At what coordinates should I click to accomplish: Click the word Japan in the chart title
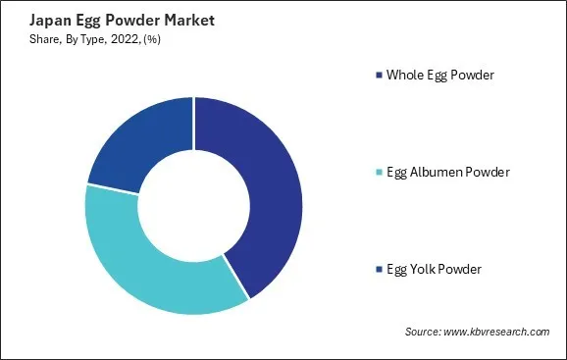34,20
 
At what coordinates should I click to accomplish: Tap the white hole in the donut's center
193,206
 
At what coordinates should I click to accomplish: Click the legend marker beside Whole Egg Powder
379,75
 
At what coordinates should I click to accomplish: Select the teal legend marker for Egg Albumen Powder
379,173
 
